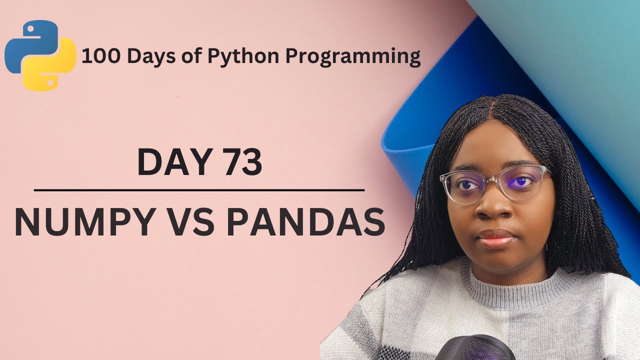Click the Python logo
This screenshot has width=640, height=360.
pyautogui.click(x=40, y=55)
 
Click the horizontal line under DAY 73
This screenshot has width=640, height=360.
pyautogui.click(x=199, y=190)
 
